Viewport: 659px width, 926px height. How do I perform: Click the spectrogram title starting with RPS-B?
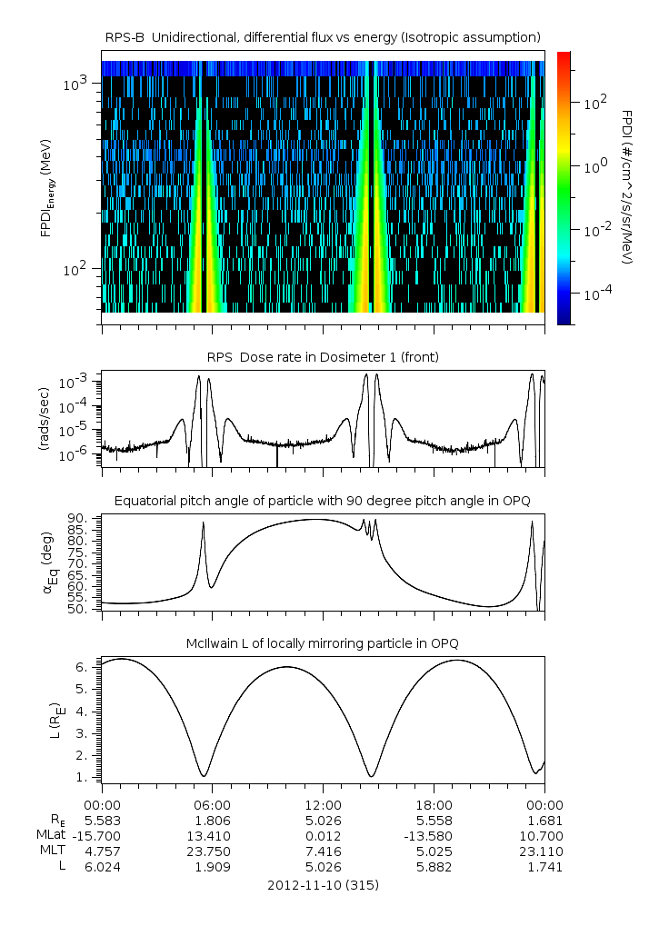point(323,36)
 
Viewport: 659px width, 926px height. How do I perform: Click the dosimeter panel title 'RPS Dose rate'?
point(323,357)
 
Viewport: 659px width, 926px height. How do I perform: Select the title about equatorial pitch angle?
point(323,501)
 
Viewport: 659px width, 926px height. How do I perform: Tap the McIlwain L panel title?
point(323,643)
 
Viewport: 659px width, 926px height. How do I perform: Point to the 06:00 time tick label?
point(213,804)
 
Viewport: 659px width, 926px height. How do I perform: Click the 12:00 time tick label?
point(324,804)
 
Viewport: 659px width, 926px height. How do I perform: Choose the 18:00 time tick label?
point(434,804)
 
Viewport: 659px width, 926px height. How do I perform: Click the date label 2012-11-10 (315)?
point(323,884)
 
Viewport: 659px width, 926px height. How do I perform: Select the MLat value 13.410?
point(213,835)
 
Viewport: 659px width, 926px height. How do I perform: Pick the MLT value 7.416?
point(324,851)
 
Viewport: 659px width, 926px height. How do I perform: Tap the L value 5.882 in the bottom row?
point(434,867)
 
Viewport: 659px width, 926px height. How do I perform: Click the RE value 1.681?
point(544,820)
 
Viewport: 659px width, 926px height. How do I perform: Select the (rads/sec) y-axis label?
point(44,420)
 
